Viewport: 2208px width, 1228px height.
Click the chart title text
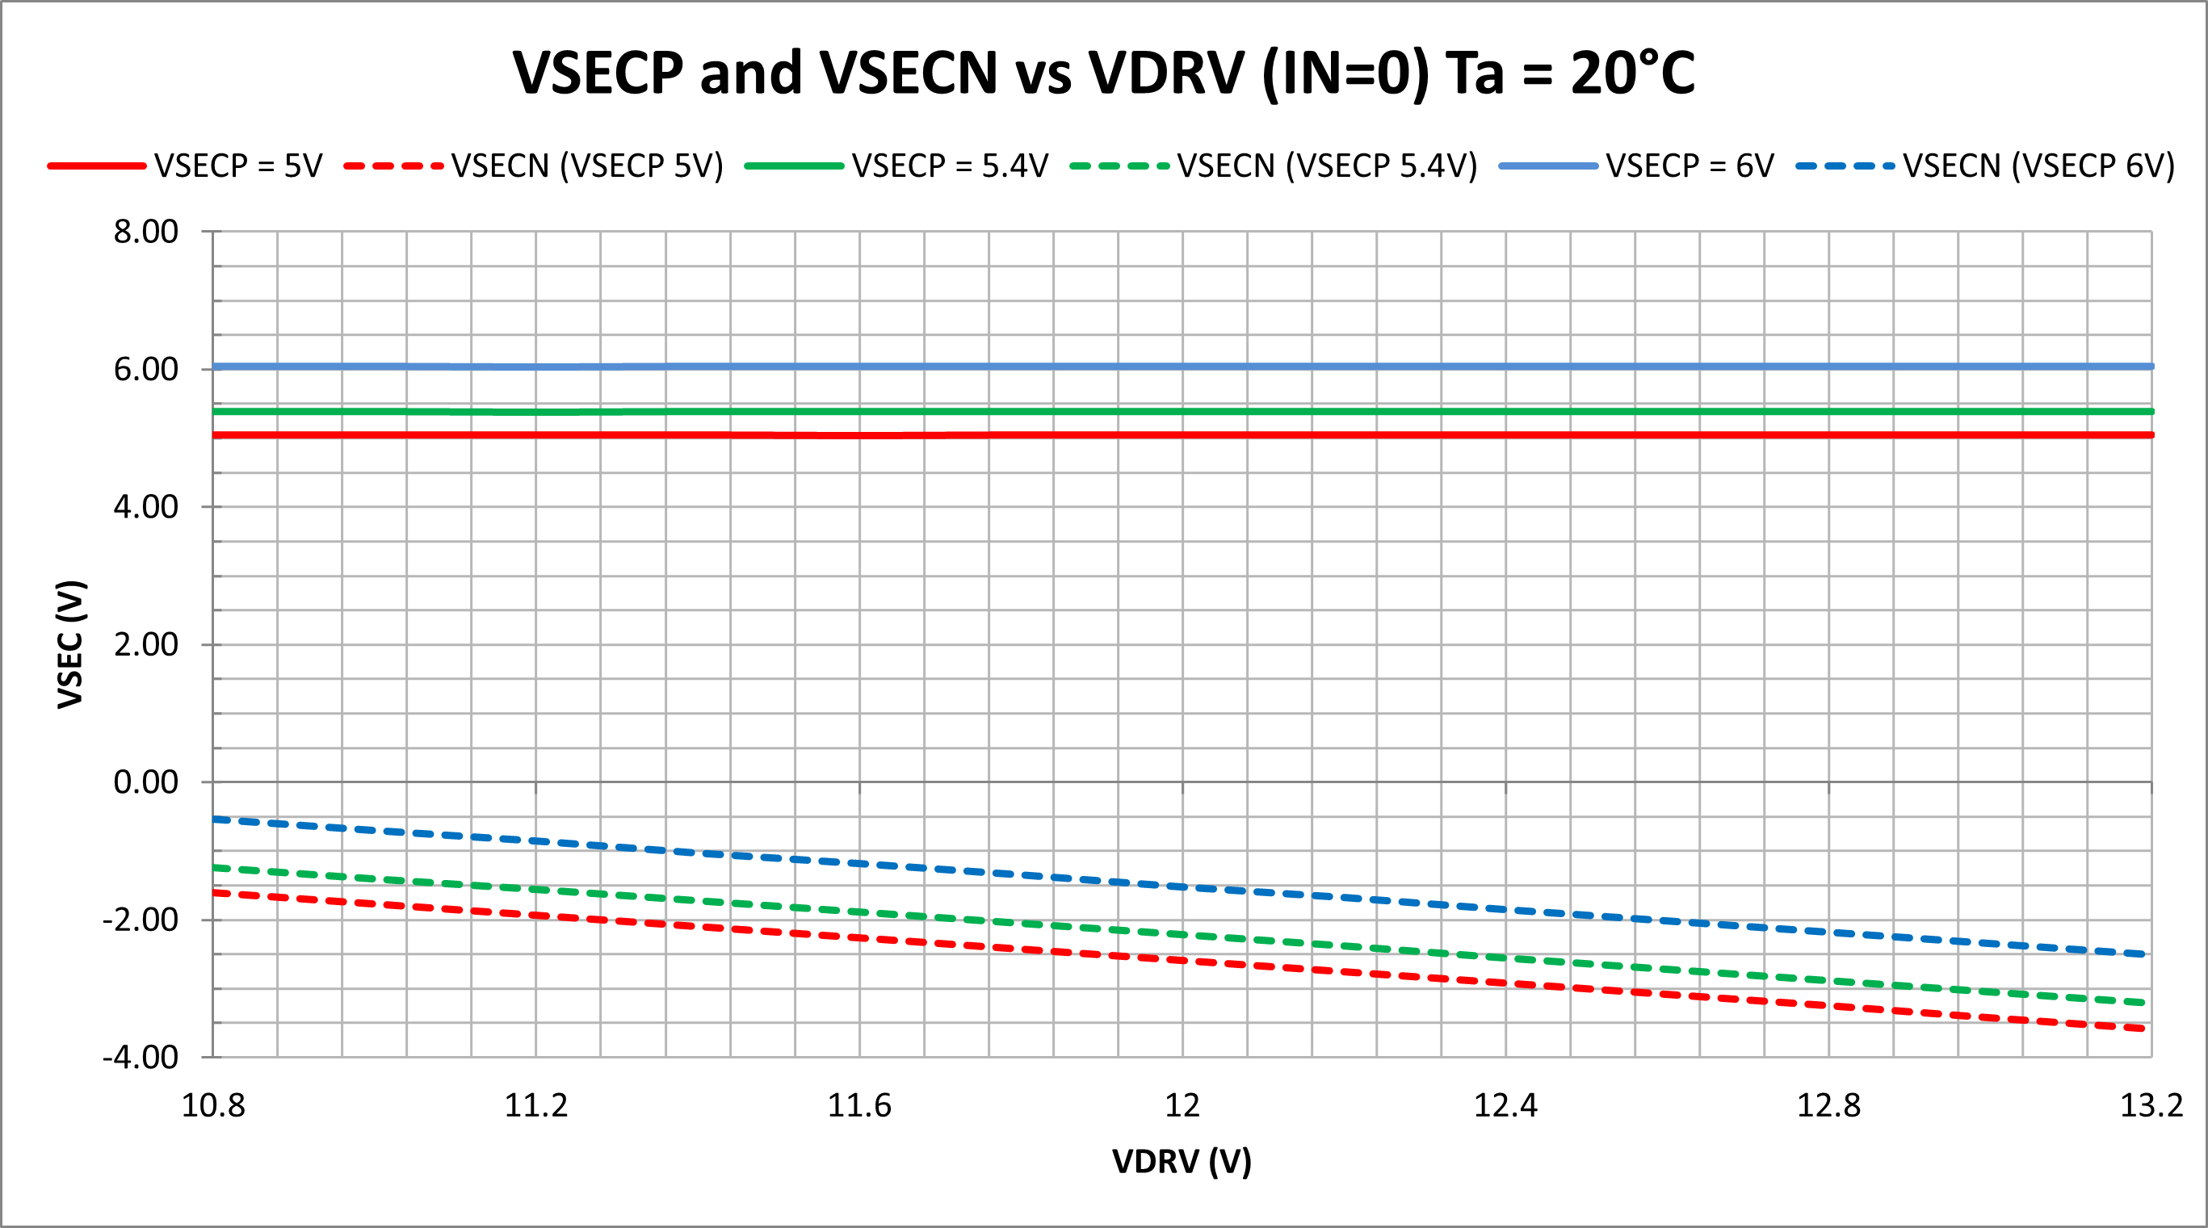point(1103,72)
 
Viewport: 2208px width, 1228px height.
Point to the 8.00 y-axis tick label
point(145,232)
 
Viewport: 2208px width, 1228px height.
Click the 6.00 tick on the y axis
point(145,369)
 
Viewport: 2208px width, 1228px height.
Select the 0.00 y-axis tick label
point(145,782)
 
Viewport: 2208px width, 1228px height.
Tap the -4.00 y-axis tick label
point(141,1057)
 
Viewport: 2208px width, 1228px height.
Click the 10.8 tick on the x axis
point(212,1105)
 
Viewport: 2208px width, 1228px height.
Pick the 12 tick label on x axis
point(1182,1105)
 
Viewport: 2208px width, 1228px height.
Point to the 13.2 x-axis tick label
point(2151,1105)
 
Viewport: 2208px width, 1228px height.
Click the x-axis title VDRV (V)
point(1182,1161)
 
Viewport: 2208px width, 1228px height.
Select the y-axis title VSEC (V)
point(70,643)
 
